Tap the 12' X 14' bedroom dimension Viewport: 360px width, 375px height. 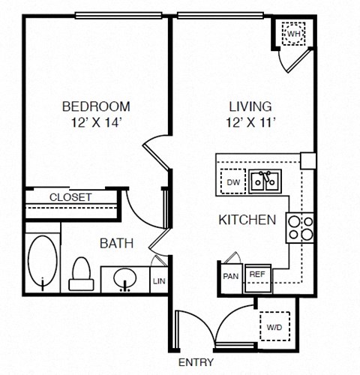[x=96, y=121]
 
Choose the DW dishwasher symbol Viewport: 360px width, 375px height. [x=232, y=181]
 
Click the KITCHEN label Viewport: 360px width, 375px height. [x=247, y=220]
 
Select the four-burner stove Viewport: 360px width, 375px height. [x=300, y=226]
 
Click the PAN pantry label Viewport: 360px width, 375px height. [x=230, y=275]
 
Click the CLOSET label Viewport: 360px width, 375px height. [x=70, y=197]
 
